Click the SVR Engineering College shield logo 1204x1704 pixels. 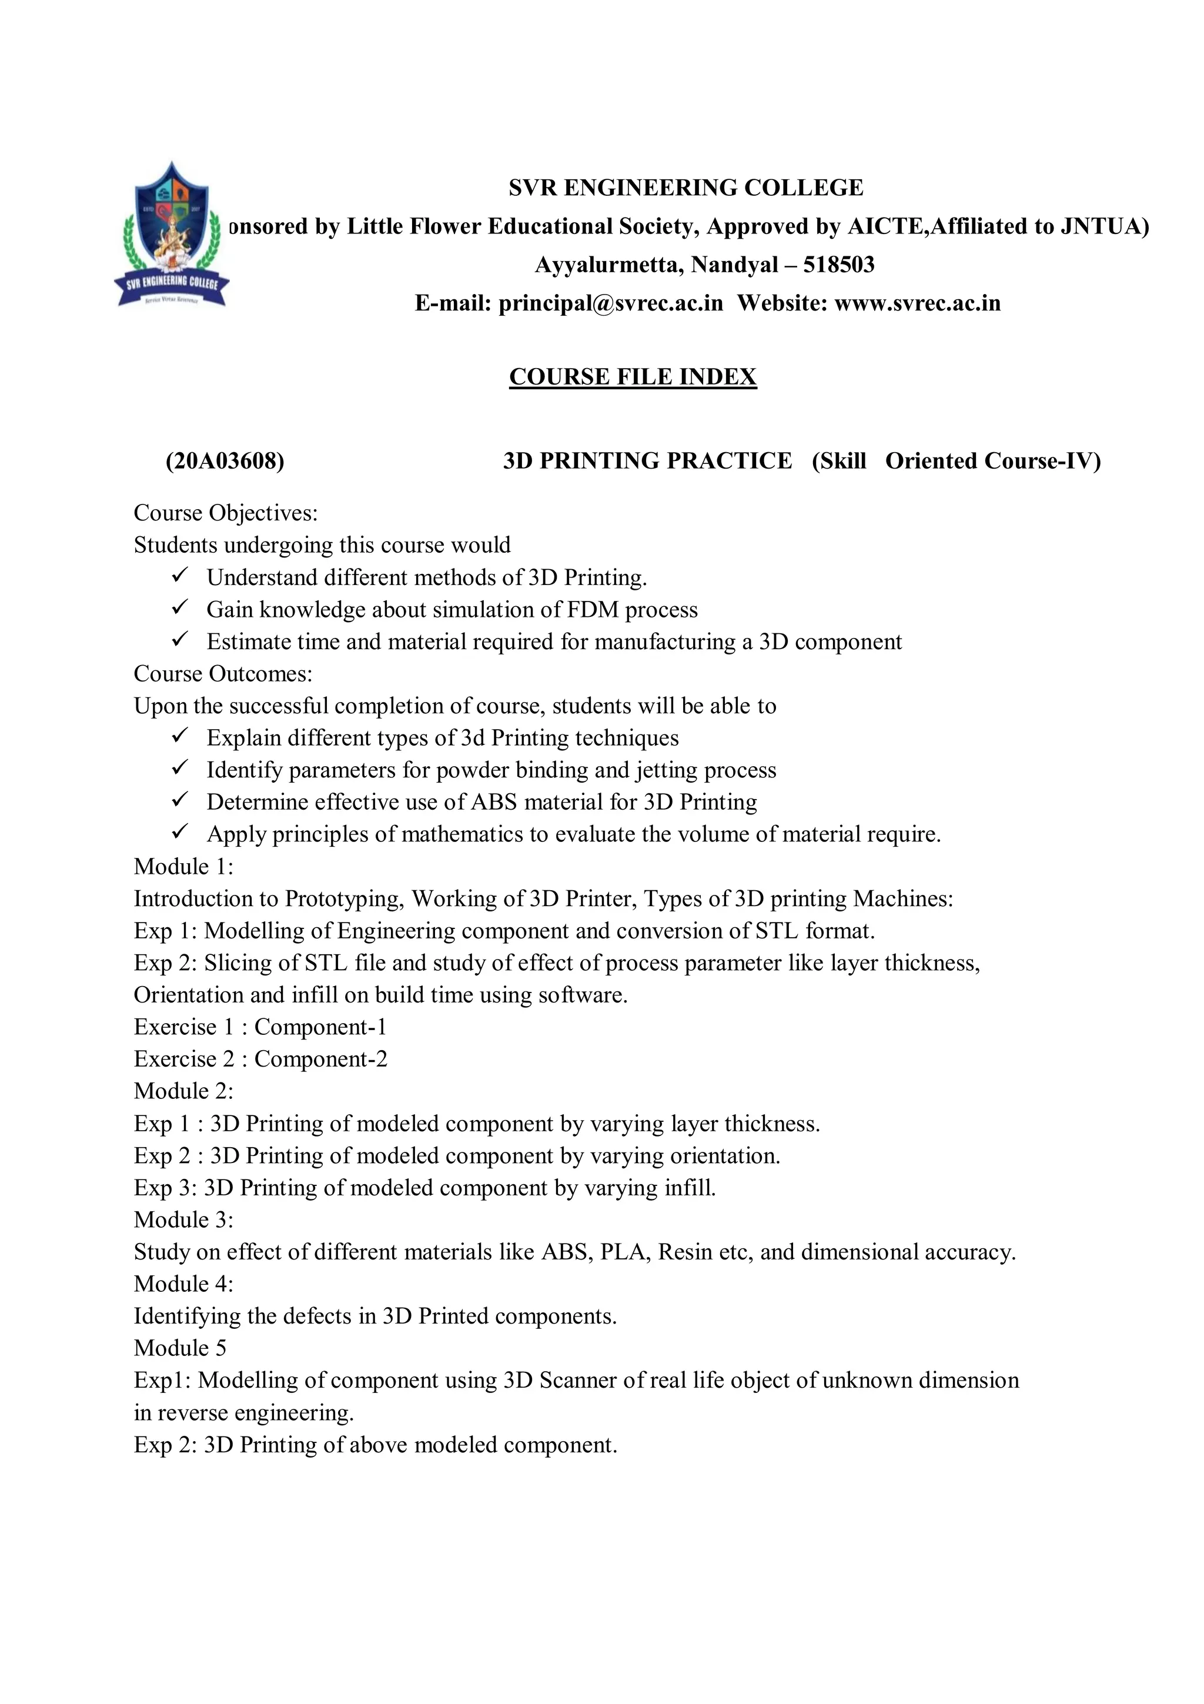(x=171, y=235)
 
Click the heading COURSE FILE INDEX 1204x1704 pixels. (x=632, y=377)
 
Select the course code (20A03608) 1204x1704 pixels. (x=225, y=461)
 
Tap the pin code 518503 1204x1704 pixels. (x=838, y=265)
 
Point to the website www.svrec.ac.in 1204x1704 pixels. (x=917, y=303)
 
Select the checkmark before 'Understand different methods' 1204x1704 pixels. (x=180, y=575)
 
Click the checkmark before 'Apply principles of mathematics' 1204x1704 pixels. (x=180, y=832)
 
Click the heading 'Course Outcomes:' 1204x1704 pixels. (x=223, y=674)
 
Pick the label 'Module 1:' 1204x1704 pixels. (x=183, y=867)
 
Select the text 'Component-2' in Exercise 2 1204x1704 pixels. (x=320, y=1059)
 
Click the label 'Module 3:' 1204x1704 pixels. (x=183, y=1219)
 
